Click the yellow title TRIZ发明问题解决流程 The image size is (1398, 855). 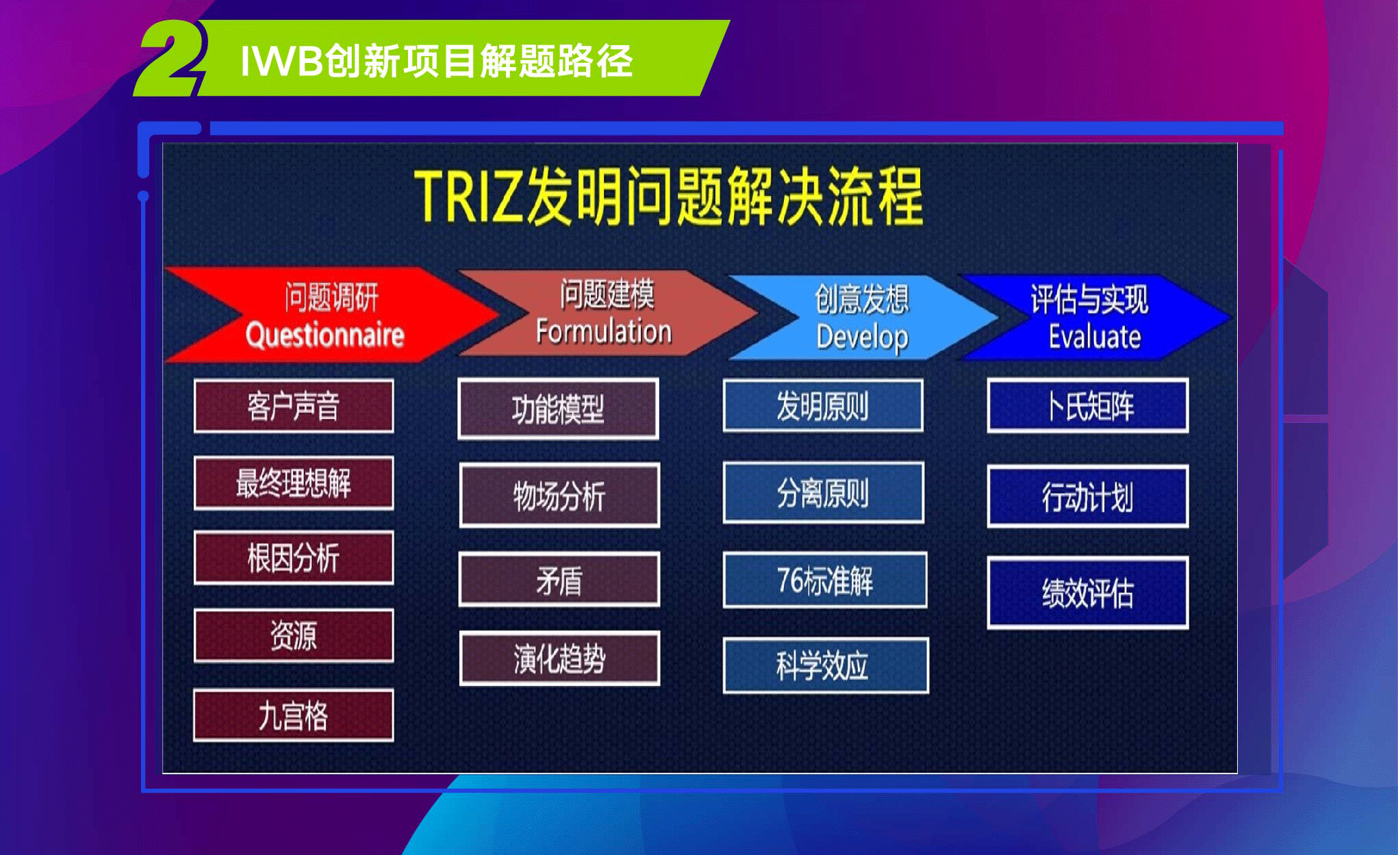click(669, 196)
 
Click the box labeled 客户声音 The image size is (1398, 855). click(294, 406)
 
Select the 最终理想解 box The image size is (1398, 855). click(294, 483)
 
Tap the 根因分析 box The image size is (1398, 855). click(294, 558)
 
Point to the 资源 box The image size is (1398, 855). click(294, 635)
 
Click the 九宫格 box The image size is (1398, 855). click(294, 715)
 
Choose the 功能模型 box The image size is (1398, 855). click(558, 409)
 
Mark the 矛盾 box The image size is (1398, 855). click(559, 580)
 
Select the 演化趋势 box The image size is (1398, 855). click(559, 659)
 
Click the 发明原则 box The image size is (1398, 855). click(823, 405)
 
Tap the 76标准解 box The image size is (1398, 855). click(825, 580)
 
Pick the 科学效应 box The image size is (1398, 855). click(826, 665)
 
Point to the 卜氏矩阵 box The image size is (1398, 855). click(1088, 405)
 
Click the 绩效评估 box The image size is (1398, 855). click(1088, 593)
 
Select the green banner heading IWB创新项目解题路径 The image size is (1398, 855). click(437, 61)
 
